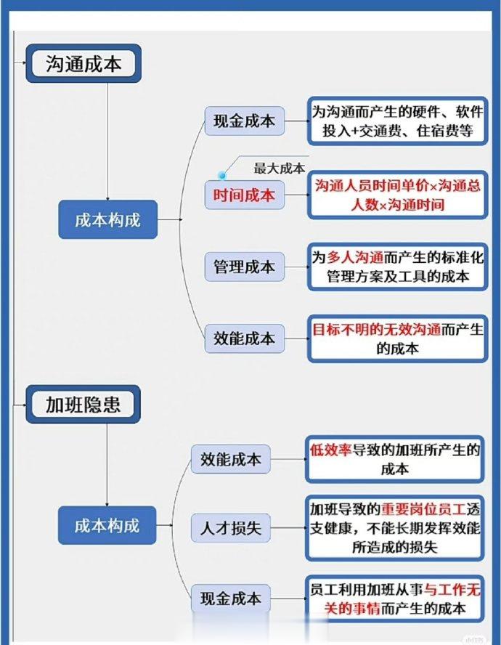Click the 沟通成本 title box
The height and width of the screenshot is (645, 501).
[83, 64]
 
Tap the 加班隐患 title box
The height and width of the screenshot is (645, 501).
[83, 405]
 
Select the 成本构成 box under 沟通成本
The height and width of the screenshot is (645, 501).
[107, 219]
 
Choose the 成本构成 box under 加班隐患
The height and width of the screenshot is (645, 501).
[107, 525]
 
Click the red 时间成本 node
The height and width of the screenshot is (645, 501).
[245, 195]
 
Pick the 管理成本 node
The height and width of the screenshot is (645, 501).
[245, 267]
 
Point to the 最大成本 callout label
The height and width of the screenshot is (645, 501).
[280, 169]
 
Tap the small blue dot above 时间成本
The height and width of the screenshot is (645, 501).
[222, 176]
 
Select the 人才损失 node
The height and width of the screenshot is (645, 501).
[231, 528]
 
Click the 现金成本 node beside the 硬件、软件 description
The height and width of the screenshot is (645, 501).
[245, 121]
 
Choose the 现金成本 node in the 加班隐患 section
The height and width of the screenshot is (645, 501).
[231, 598]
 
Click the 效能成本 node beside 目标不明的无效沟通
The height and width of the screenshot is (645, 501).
[245, 338]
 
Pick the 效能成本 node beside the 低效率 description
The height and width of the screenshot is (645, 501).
[231, 459]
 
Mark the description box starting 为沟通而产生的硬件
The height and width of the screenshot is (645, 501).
[397, 121]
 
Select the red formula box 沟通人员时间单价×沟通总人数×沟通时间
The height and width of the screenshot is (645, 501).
[397, 195]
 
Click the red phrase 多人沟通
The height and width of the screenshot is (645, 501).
[355, 258]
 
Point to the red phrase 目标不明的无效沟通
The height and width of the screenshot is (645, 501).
[376, 330]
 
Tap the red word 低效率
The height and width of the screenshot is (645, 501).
[330, 450]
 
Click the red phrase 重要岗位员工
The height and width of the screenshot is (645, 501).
[423, 509]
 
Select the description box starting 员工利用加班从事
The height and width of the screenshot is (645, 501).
[394, 599]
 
